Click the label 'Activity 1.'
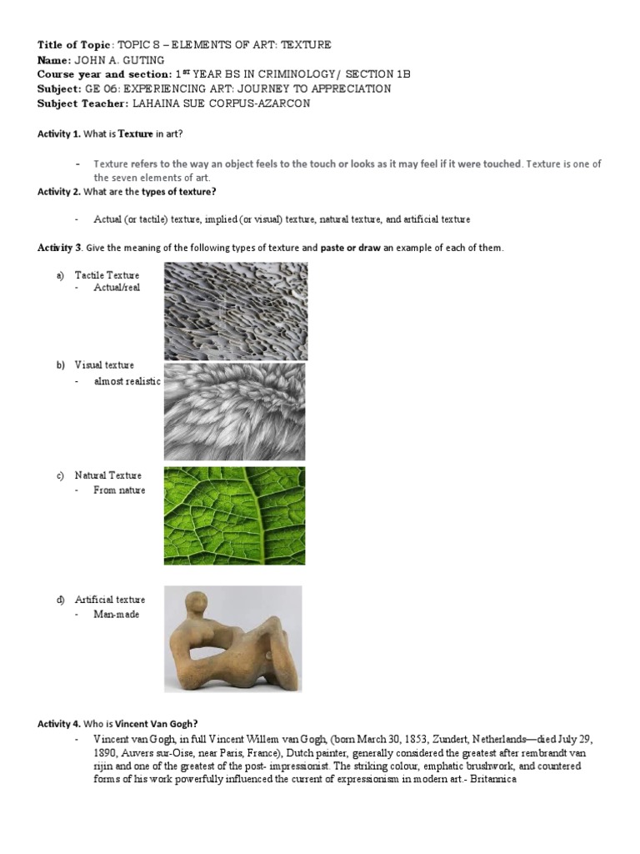(59, 133)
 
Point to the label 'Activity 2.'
(59, 192)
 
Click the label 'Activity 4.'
(59, 725)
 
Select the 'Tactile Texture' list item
(107, 275)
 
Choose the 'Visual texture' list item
(103, 365)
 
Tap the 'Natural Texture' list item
(107, 475)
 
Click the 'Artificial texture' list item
(109, 600)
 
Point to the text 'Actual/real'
(117, 288)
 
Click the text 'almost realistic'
(127, 381)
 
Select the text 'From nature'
(119, 490)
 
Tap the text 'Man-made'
(117, 615)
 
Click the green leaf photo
(234, 515)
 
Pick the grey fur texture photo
(234, 412)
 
